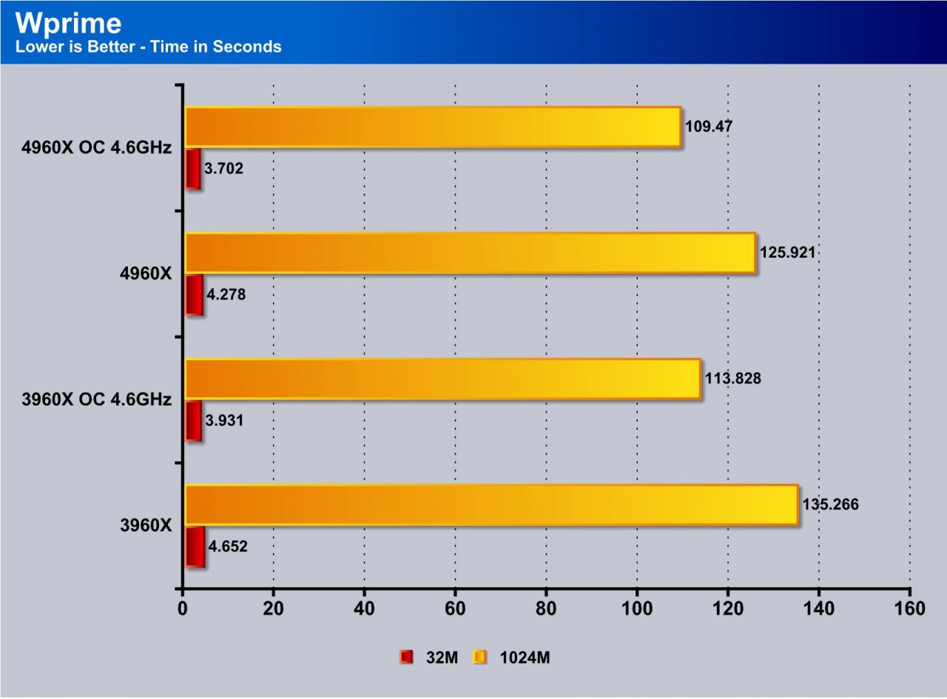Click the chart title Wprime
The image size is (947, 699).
[x=68, y=24]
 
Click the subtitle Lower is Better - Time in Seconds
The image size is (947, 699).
[x=148, y=47]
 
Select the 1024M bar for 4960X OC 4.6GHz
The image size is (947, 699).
[x=432, y=127]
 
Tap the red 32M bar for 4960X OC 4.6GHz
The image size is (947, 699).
[x=192, y=169]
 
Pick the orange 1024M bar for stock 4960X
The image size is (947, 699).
[x=470, y=252]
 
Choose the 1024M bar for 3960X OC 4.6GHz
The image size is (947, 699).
[x=442, y=378]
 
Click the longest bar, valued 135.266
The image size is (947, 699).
[x=491, y=505]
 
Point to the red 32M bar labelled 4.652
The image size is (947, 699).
[x=195, y=546]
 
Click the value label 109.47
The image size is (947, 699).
[x=709, y=127]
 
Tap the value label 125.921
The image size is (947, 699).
[x=787, y=252]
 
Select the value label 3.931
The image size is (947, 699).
[x=225, y=421]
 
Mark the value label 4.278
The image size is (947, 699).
[x=226, y=295]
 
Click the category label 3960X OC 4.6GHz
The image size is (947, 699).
[x=97, y=400]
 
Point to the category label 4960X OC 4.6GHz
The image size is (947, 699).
[x=97, y=147]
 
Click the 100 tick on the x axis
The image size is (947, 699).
[x=637, y=609]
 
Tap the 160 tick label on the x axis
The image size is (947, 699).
[x=909, y=609]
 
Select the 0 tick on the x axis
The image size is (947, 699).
[x=183, y=609]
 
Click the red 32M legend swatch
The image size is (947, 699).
[x=406, y=657]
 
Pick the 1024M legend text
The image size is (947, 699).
[x=525, y=657]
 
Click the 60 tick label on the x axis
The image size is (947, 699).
[x=455, y=609]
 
